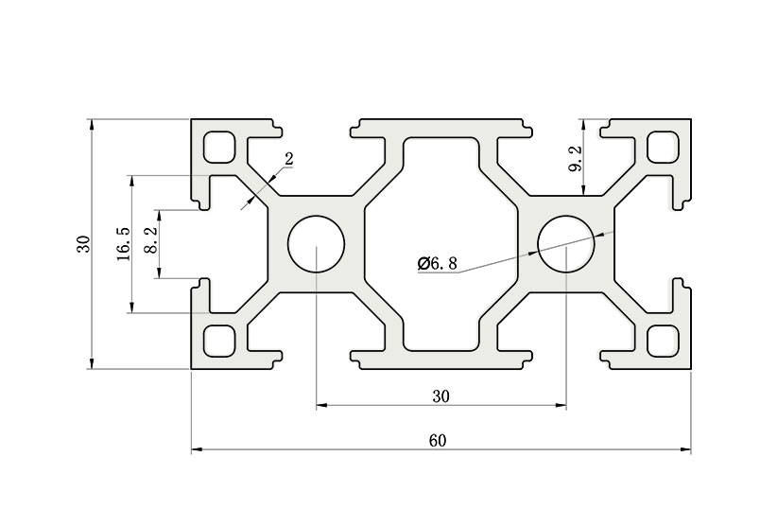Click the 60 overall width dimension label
point(438,441)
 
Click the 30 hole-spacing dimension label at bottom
point(441,396)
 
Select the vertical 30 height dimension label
point(84,243)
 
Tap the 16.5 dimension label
point(124,243)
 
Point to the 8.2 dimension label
point(151,240)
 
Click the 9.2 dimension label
point(576,159)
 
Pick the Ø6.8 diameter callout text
point(438,263)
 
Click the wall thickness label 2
point(289,159)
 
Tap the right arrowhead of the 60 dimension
point(686,449)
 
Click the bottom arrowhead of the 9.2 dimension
point(584,191)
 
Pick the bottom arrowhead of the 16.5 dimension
point(131,307)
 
